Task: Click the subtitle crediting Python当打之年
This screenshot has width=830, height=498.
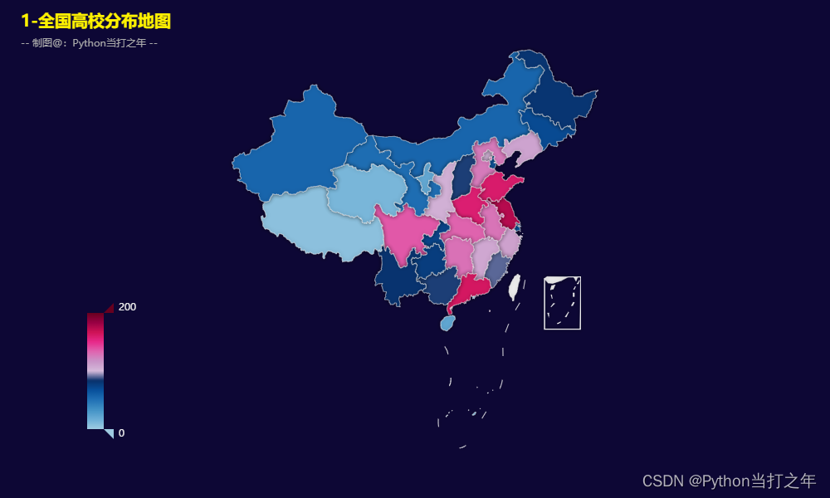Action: [x=90, y=43]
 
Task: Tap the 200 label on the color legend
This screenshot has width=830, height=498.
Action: [x=127, y=307]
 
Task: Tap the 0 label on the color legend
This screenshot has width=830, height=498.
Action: [x=121, y=432]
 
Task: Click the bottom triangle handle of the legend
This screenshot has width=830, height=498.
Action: [x=109, y=433]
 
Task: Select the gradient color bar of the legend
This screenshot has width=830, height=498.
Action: [x=95, y=370]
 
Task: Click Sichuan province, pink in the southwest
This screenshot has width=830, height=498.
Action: [x=407, y=232]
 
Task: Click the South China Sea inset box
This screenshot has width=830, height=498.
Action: [x=562, y=303]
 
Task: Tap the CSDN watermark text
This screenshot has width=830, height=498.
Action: [x=729, y=481]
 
